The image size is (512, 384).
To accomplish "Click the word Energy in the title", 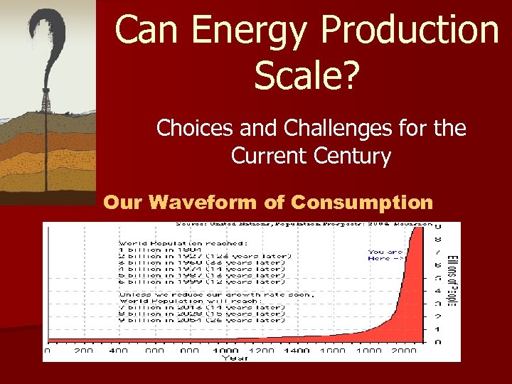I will [237, 31].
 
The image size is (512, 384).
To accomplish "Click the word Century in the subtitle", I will [349, 155].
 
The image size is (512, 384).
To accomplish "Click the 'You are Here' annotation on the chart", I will [386, 255].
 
